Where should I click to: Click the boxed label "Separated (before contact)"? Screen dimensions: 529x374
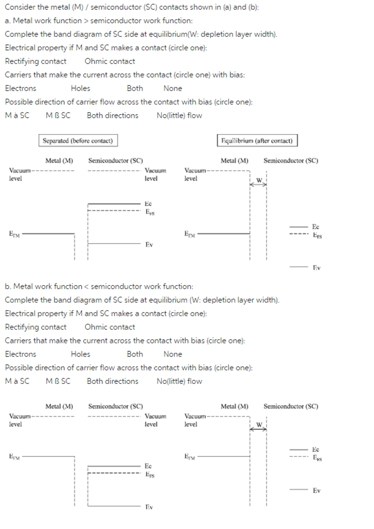point(77,141)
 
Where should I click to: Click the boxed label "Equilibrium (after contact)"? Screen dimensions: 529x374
point(257,141)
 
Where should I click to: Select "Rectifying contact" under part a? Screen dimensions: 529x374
point(36,61)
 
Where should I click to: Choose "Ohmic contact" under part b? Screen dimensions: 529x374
point(110,327)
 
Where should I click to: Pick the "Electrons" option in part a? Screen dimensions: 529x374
point(21,88)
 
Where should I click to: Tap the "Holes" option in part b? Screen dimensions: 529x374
point(80,354)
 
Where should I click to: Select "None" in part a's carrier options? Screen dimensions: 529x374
point(173,88)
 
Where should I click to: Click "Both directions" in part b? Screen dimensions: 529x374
point(113,381)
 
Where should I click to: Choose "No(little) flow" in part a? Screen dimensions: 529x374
point(179,116)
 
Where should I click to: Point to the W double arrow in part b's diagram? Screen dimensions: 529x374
point(259,427)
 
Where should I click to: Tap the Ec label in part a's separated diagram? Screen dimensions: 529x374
point(148,204)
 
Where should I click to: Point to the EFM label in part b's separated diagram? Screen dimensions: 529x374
point(14,456)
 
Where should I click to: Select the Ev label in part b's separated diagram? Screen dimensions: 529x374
point(149,507)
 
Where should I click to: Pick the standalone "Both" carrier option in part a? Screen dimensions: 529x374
point(135,88)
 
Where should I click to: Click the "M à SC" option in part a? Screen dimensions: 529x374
point(17,116)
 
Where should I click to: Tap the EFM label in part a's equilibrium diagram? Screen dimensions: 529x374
point(190,234)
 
